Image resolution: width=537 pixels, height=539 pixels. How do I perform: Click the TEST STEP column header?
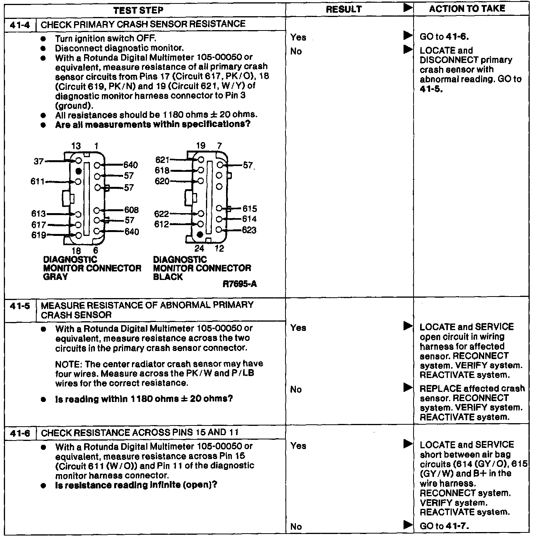click(138, 10)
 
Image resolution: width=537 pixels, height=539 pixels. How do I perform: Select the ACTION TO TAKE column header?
click(467, 9)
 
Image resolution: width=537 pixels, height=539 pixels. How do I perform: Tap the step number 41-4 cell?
click(20, 25)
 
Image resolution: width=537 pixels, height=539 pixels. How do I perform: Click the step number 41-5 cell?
click(20, 306)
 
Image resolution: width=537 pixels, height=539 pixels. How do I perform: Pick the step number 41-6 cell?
click(20, 433)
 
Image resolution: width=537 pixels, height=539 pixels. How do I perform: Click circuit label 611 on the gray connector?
click(37, 181)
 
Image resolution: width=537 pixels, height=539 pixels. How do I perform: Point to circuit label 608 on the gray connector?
click(131, 210)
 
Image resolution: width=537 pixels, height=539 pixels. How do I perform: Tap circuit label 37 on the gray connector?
click(39, 161)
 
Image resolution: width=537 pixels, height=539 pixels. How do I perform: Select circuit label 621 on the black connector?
click(162, 160)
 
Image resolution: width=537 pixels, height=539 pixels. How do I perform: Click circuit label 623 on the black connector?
click(249, 230)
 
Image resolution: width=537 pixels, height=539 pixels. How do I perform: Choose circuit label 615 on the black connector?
click(250, 209)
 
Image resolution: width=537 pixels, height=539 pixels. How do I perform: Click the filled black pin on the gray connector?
click(78, 171)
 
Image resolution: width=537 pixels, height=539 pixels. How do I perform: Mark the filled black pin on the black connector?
click(200, 235)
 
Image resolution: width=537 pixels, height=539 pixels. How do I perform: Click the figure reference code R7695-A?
click(240, 285)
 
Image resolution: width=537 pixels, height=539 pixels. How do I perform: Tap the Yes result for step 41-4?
click(298, 37)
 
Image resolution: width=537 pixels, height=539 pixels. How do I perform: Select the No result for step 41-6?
click(296, 527)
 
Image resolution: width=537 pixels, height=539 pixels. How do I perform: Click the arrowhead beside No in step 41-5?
click(408, 387)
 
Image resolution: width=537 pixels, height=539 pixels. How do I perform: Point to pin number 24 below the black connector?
click(199, 249)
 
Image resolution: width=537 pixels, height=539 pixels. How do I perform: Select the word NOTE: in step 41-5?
click(69, 364)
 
